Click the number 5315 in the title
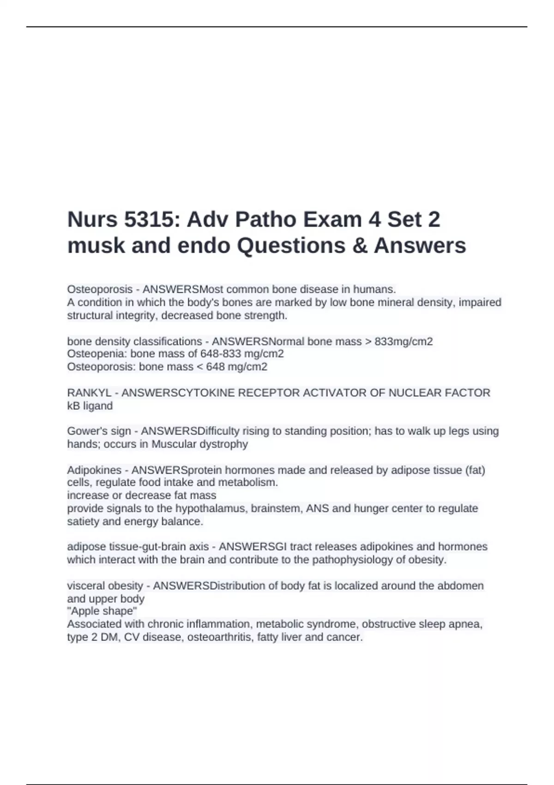point(150,219)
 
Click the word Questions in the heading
point(291,246)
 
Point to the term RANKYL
point(89,393)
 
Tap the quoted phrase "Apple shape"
point(102,611)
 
